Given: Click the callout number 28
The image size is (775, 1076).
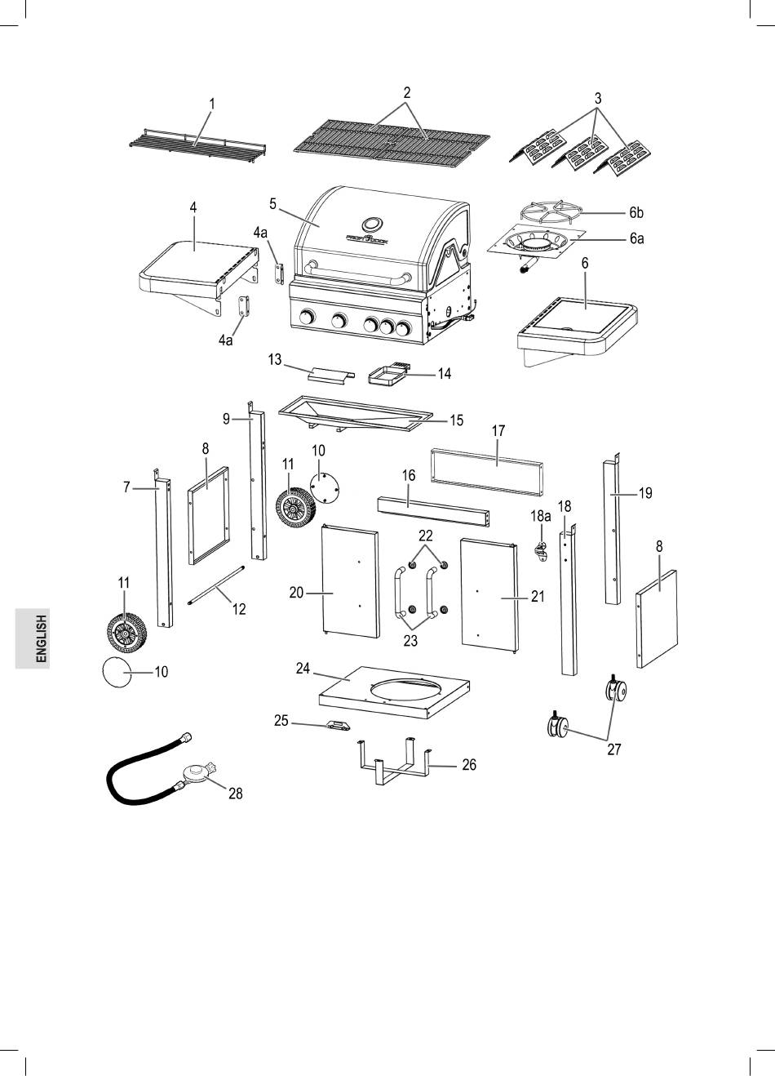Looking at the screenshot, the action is pos(235,793).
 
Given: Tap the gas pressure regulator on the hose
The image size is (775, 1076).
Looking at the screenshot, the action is pos(197,774).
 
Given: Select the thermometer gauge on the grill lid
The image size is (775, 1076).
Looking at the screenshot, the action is pos(372,224).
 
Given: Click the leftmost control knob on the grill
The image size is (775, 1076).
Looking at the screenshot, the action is pos(307,317).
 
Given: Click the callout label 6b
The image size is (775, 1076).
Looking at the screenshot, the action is pos(636,211).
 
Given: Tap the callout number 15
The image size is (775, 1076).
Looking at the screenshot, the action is pos(456,420).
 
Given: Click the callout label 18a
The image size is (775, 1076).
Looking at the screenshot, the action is pos(540,517).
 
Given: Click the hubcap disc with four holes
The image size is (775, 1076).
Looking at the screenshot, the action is pos(325,488).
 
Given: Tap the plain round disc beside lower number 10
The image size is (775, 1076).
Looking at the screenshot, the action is pos(117,672).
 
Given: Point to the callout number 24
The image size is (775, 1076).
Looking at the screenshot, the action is pos(303,668).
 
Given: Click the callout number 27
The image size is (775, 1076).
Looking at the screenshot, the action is pos(613,749).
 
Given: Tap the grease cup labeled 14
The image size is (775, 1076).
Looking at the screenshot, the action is pos(388,376).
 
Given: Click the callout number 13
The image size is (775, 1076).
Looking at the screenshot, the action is pos(274,360).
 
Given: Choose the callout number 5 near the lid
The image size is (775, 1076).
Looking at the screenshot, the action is pos(272,204).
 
